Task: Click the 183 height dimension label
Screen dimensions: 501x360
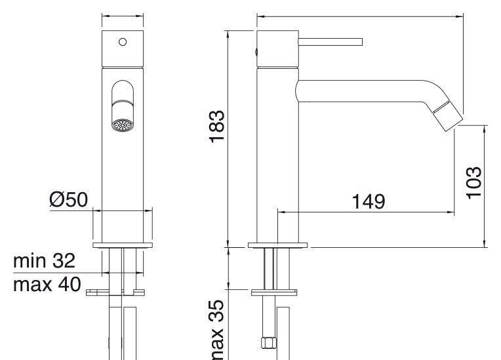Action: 217,126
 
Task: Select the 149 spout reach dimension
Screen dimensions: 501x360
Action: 368,201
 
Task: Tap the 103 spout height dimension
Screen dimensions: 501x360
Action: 473,183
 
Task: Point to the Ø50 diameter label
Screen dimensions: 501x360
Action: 68,199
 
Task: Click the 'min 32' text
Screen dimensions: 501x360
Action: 45,261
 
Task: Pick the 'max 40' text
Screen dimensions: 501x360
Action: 47,285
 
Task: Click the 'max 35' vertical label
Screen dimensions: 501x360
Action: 217,330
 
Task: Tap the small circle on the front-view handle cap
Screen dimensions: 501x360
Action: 123,42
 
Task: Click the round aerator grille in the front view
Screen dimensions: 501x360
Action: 123,125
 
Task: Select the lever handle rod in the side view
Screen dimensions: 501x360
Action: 331,42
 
